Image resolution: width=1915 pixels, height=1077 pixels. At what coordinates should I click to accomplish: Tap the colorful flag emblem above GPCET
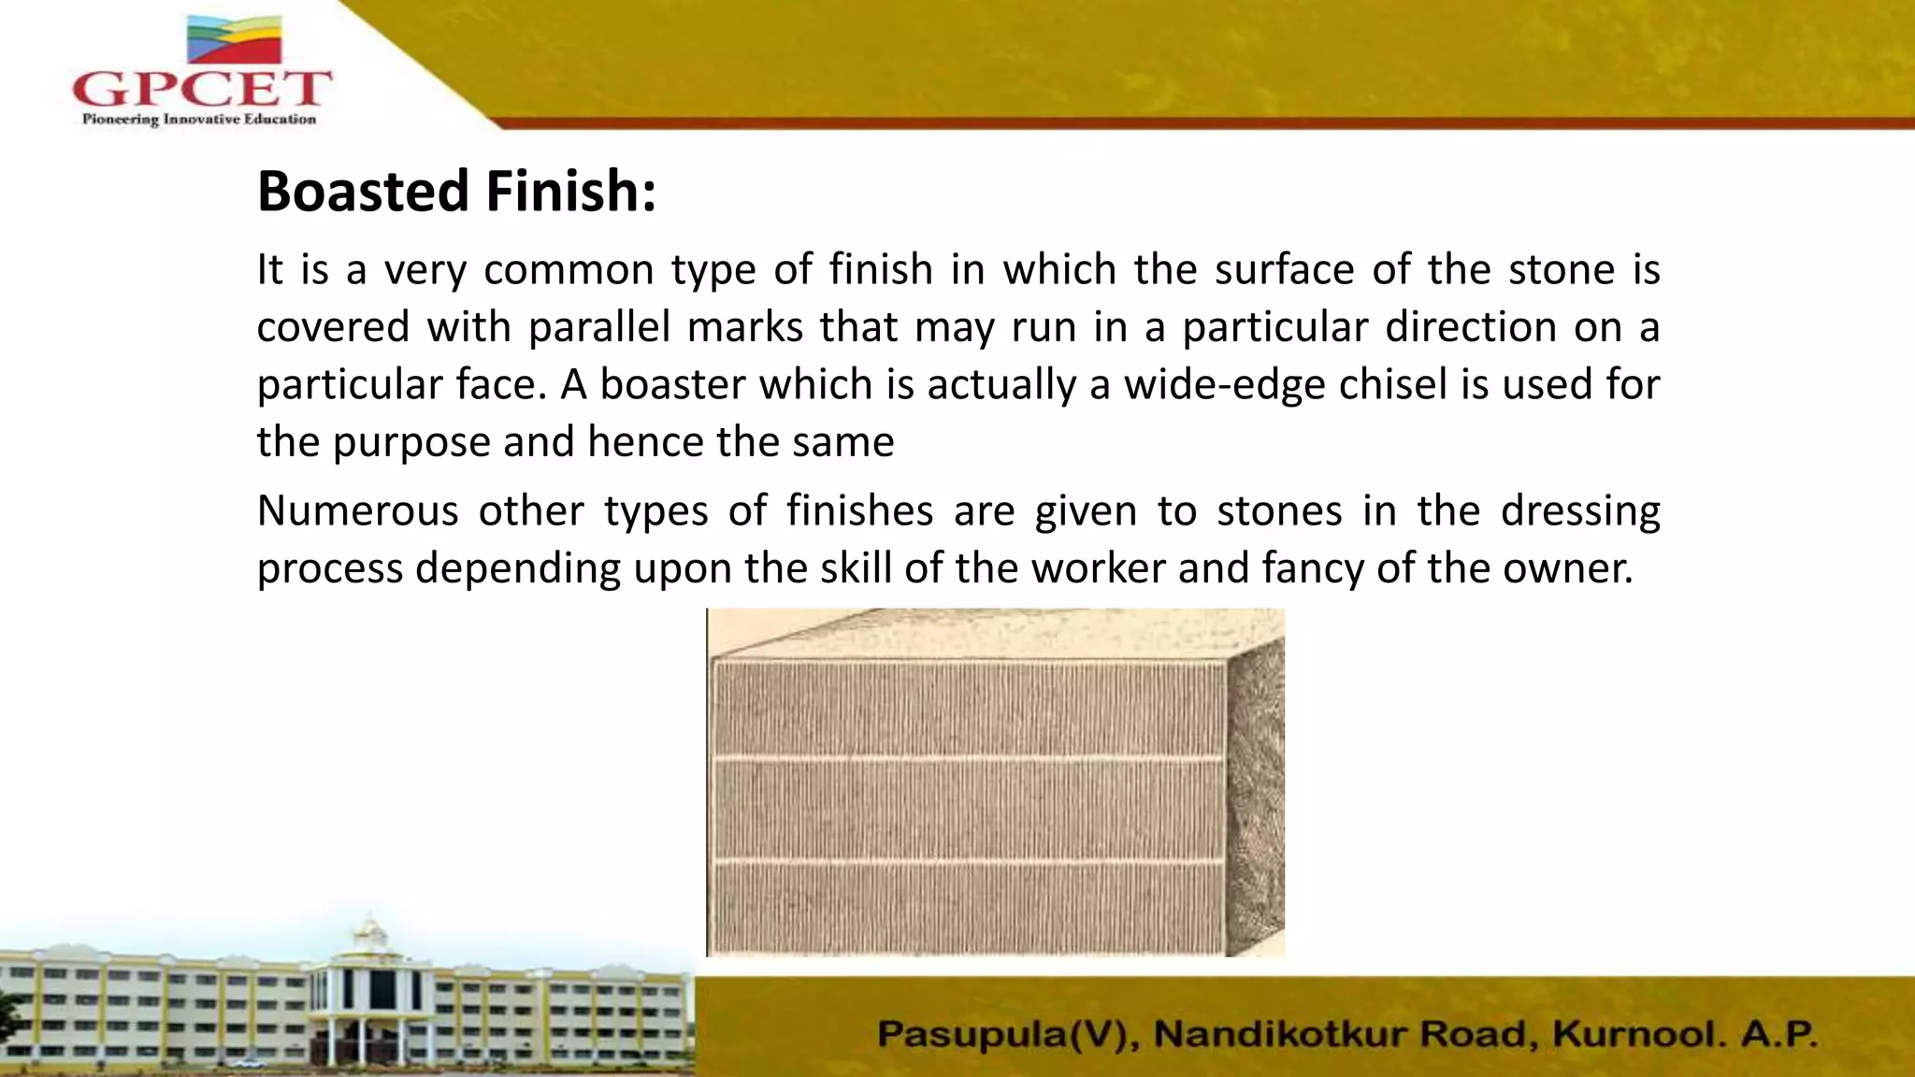click(234, 39)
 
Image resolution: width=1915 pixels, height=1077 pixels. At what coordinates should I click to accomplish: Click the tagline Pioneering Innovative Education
click(198, 119)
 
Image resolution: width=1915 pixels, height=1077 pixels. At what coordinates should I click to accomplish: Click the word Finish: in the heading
click(570, 192)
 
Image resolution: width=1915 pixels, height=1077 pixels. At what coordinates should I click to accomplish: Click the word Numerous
click(357, 511)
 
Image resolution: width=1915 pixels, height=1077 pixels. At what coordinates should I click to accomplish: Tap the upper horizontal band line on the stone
click(968, 756)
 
